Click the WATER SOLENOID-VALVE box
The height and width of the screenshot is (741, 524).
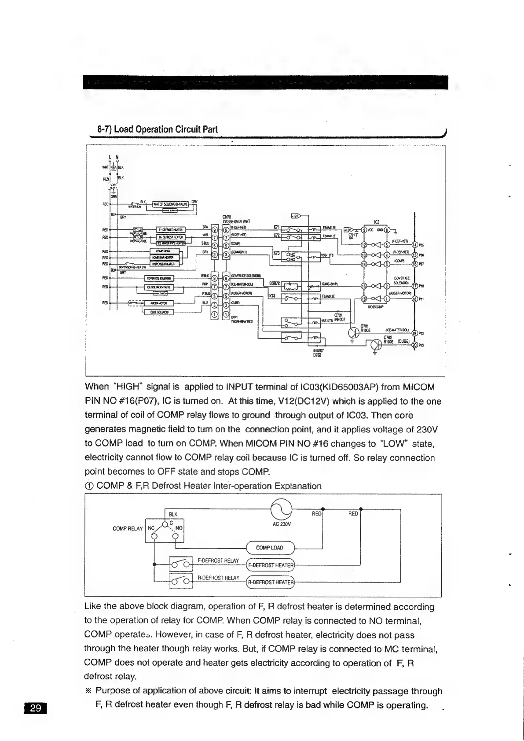[170, 204]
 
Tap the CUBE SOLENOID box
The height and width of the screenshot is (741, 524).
[159, 312]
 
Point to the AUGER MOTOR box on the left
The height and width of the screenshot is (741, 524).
[159, 303]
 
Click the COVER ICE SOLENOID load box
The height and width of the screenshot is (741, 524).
[159, 278]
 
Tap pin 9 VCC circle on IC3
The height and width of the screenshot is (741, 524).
[364, 229]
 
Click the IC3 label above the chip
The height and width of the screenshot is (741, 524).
[376, 222]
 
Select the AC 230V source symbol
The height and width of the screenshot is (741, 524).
[282, 512]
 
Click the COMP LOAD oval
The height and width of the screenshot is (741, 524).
[269, 548]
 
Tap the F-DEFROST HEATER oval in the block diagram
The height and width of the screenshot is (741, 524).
[270, 565]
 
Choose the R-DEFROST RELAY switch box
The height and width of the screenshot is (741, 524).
[181, 582]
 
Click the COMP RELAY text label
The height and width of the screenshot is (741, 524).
[128, 528]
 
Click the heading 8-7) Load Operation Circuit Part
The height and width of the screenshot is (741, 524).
[157, 129]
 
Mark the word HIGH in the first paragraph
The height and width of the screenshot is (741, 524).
[128, 387]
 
